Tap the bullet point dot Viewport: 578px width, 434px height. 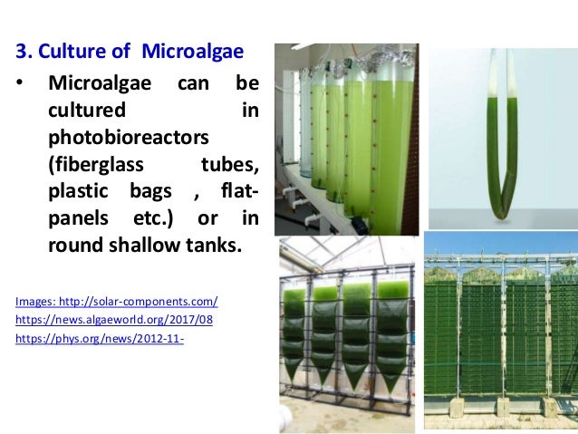(19, 84)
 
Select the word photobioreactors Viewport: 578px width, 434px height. (128, 139)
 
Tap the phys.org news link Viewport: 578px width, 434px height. (101, 341)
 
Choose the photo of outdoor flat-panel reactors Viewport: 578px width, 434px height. (501, 331)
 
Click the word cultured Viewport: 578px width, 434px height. (87, 111)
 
